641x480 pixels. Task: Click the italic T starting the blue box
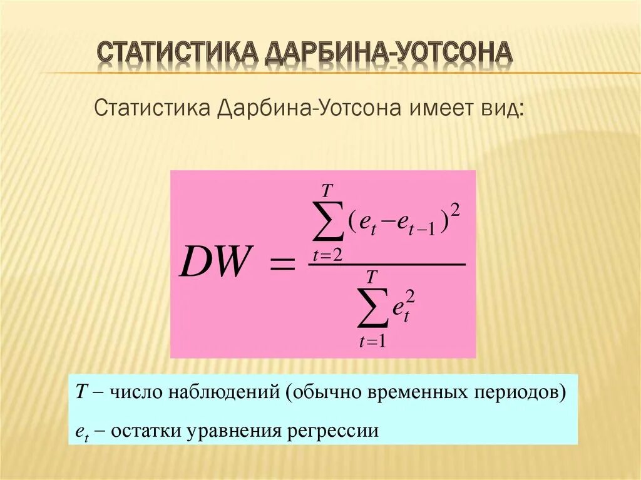click(x=81, y=392)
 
